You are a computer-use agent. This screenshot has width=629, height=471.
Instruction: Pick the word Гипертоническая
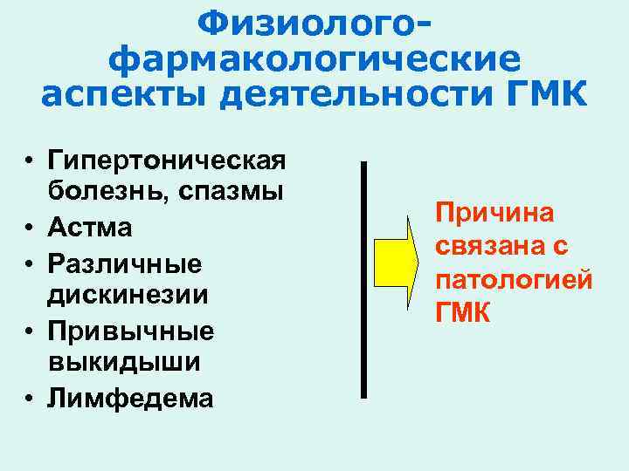coord(168,161)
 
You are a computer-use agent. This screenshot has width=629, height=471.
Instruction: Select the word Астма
coord(91,229)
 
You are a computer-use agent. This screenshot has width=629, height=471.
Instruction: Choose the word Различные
coord(125,263)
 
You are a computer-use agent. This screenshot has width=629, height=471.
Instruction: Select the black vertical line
coord(363,279)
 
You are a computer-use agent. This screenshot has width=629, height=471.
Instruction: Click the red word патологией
coord(515,280)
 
